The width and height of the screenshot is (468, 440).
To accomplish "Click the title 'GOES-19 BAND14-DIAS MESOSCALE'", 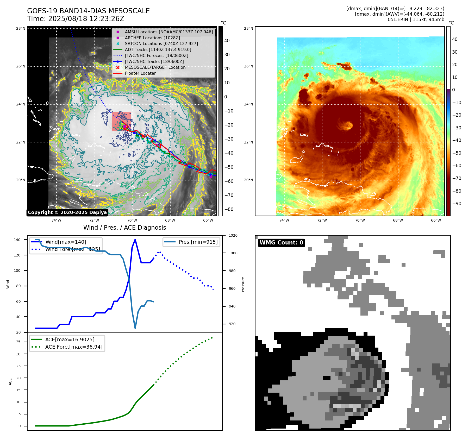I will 88,11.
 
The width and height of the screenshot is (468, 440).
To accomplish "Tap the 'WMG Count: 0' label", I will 281,243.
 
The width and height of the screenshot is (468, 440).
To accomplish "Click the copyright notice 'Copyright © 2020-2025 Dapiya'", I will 67,212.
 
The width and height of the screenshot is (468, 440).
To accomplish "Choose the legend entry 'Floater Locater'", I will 140,73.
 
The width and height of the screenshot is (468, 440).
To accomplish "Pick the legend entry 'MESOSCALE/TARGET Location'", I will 155,67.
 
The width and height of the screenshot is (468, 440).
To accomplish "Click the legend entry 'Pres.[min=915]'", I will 198,242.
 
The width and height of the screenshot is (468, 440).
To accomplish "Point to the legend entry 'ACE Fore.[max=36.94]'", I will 74,347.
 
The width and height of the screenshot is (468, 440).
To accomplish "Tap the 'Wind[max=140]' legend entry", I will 66,242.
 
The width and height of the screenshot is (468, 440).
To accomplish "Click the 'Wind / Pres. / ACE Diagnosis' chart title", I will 124,228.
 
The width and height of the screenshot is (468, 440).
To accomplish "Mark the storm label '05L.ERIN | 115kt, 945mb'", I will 416,20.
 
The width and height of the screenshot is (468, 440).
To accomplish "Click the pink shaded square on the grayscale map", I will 122,121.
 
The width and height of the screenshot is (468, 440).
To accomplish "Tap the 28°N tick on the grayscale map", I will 21,28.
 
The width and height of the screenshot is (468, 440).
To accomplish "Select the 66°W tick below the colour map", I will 436,220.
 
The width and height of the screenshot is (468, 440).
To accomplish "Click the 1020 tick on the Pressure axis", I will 233,235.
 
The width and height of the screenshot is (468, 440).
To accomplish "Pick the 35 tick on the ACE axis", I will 18,342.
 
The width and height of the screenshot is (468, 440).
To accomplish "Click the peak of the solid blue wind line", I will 135,240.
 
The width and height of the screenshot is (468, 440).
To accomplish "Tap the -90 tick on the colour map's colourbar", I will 457,204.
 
